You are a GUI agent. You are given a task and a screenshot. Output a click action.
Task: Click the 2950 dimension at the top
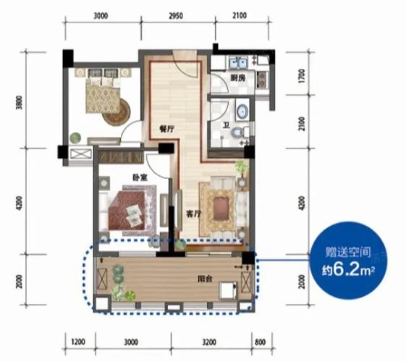[176, 16]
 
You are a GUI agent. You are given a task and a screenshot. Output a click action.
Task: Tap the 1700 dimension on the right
[302, 76]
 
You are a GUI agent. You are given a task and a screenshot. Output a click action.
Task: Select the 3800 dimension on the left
[20, 103]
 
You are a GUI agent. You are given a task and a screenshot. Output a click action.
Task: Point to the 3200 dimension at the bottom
[209, 342]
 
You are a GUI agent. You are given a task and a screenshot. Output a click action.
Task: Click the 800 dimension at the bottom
[261, 342]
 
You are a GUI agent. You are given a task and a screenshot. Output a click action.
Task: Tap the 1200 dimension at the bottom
[78, 342]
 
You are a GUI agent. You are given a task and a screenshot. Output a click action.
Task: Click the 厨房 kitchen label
[238, 77]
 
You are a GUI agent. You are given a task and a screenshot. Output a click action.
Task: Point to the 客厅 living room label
[194, 214]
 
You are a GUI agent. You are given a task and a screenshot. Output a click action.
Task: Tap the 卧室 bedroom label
[140, 178]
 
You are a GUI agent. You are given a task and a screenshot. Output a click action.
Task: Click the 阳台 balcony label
[205, 279]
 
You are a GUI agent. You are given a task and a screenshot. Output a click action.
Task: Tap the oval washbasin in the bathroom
[242, 111]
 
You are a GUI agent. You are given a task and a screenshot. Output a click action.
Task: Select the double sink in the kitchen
[238, 62]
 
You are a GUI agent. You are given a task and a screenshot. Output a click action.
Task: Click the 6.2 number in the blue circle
[346, 270]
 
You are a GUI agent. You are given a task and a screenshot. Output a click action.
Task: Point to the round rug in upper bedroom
[117, 112]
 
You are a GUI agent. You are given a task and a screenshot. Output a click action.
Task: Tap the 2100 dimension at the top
[240, 15]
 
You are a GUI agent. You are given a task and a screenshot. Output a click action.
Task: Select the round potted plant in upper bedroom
[75, 138]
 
